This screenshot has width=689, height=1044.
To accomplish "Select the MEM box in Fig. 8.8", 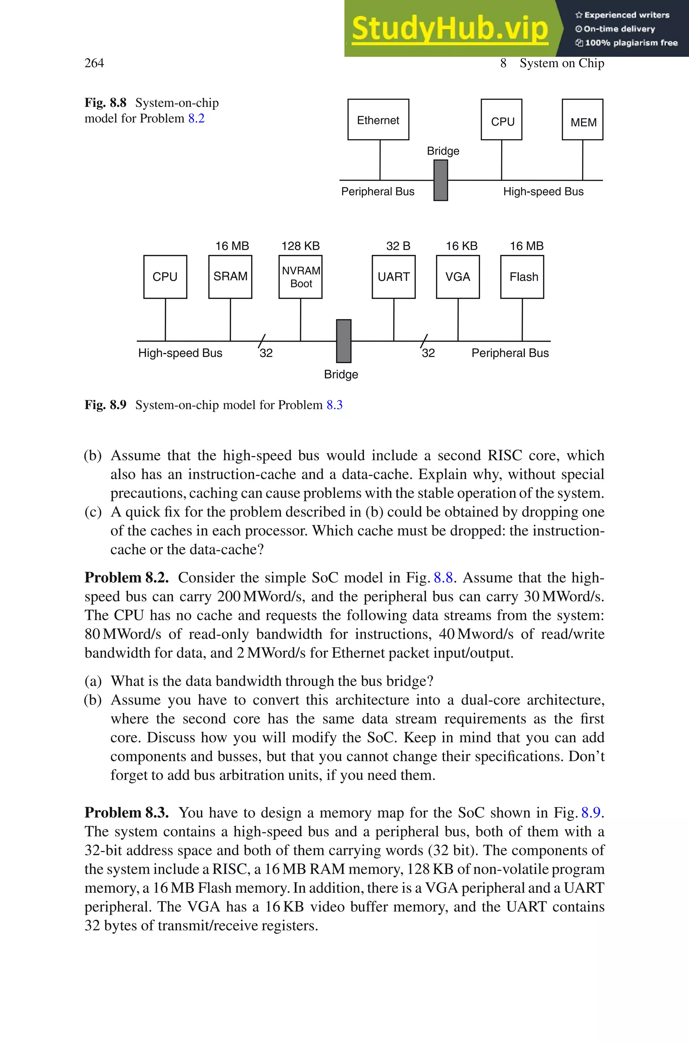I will tap(582, 120).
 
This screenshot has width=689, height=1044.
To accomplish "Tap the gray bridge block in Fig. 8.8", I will tap(440, 181).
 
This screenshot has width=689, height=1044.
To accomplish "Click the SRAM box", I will tap(230, 277).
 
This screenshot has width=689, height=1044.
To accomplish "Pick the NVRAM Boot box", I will tap(300, 277).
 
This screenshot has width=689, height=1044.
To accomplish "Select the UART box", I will tap(393, 277).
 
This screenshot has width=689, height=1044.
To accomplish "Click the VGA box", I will tap(458, 277).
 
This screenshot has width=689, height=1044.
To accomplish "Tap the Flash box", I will tap(522, 277).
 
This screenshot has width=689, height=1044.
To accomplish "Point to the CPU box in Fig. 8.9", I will tap(165, 277).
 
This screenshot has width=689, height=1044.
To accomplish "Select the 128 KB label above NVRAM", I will tap(300, 246).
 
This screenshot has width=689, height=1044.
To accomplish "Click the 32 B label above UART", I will tap(398, 246).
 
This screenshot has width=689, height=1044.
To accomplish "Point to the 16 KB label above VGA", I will tap(461, 246).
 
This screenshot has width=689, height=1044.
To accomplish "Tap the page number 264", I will tap(94, 63).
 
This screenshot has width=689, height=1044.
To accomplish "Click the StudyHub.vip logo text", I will tap(449, 29).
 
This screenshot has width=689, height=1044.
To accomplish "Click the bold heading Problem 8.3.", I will tap(126, 812).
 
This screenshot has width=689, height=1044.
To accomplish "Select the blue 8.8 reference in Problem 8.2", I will tap(443, 577).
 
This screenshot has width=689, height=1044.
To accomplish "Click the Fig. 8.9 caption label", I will tap(105, 405).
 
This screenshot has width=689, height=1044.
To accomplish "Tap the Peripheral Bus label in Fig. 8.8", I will tap(377, 191).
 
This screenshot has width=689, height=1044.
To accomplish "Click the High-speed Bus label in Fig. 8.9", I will tap(180, 353).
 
